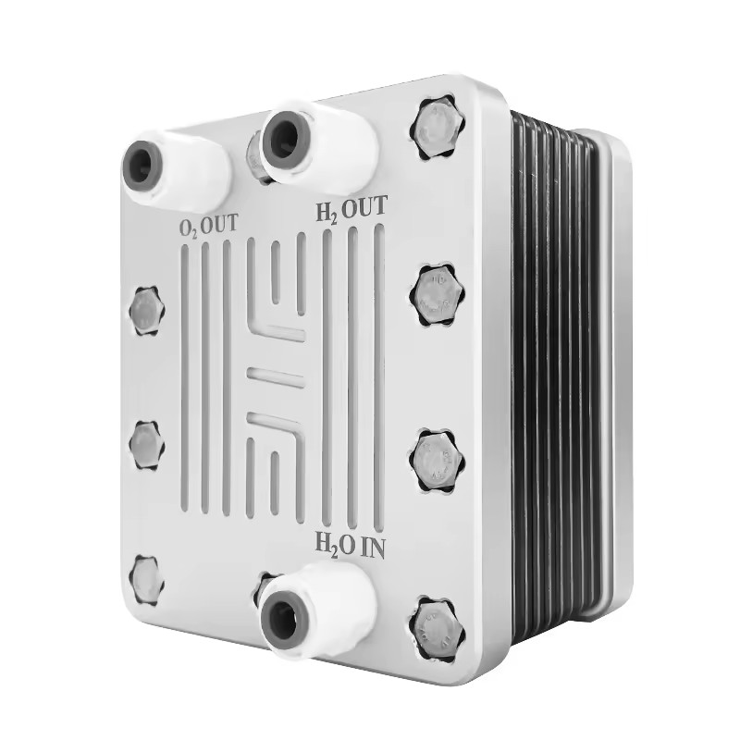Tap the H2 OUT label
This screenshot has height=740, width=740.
click(x=351, y=210)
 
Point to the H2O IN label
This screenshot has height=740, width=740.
click(x=351, y=548)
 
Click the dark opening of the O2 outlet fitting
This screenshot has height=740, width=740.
click(x=142, y=166)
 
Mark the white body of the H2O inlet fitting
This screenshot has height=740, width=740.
click(x=326, y=599)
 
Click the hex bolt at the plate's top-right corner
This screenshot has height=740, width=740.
click(x=438, y=129)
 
